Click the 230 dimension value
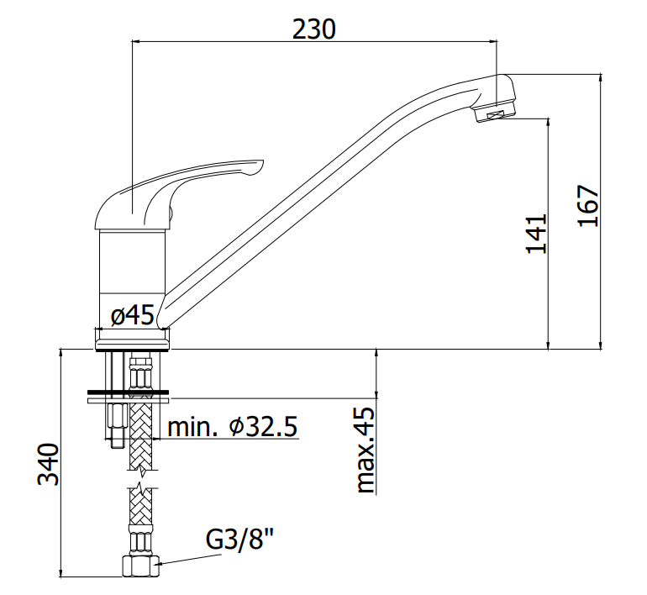(314, 29)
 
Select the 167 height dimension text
(587, 206)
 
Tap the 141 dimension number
(536, 233)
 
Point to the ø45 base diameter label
(133, 315)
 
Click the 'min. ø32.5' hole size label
(232, 426)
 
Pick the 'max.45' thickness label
(365, 450)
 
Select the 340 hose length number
(48, 464)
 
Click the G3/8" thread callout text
(239, 539)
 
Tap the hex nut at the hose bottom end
(140, 566)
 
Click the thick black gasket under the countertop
(128, 392)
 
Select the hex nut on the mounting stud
(115, 417)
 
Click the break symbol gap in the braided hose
(141, 479)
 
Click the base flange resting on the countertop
(133, 340)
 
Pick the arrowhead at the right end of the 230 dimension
(492, 41)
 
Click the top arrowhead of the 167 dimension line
(601, 78)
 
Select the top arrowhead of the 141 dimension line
(549, 123)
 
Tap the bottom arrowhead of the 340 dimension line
(61, 572)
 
